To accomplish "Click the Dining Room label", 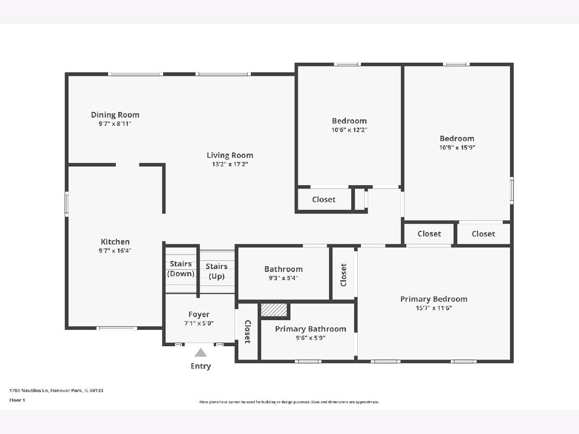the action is coord(115,115).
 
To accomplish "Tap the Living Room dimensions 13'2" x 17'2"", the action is coord(230,164).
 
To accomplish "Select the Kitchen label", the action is coord(115,242).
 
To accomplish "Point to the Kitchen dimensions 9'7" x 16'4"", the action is coord(115,251).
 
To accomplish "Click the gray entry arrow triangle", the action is coord(200,353).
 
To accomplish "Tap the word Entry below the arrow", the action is coord(201,366).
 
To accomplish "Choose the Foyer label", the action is coord(199,314).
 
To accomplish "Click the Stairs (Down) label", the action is coord(180,269).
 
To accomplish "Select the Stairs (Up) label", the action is coord(217,271).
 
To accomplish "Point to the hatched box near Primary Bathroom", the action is coord(274,310).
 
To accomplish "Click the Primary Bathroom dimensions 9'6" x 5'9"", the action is coord(311,338).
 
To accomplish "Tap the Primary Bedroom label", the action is coord(434,299).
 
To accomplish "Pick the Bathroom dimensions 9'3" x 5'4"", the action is coord(283,278).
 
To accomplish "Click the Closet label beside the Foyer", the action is coord(248,332).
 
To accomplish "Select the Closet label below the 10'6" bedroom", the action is coord(324,200).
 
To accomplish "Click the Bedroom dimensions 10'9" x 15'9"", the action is coord(457,148).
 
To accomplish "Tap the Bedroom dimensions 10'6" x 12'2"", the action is coord(349,130).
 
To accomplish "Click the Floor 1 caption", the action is coord(17,400).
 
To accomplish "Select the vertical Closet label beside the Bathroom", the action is coord(344,275).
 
